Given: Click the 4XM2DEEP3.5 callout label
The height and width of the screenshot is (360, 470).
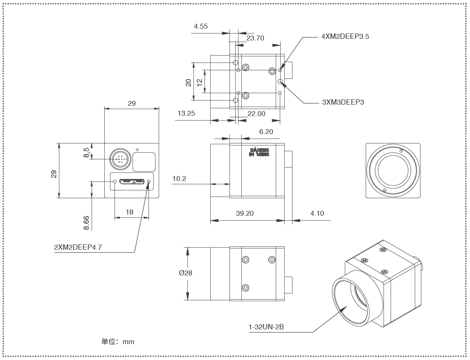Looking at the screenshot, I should pyautogui.click(x=345, y=36).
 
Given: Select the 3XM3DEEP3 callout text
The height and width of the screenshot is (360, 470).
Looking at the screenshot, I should pyautogui.click(x=343, y=102).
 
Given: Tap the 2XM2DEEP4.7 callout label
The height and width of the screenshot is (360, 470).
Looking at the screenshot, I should pyautogui.click(x=77, y=247).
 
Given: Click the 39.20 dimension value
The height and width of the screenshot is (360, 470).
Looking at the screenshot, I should pyautogui.click(x=245, y=213).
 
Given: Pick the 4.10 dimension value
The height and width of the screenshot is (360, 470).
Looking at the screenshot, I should pyautogui.click(x=317, y=213).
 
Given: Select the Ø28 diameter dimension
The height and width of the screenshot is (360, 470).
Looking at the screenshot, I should pyautogui.click(x=185, y=273).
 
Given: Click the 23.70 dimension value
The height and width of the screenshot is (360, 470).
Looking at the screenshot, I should pyautogui.click(x=255, y=38).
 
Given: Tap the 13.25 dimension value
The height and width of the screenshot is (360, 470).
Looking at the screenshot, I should pyautogui.click(x=186, y=114).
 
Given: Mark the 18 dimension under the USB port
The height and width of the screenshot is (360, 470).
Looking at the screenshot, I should pyautogui.click(x=130, y=212).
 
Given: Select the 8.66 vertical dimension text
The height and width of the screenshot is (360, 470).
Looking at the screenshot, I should pyautogui.click(x=86, y=223).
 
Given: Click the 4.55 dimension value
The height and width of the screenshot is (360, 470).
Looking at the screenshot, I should pyautogui.click(x=201, y=26).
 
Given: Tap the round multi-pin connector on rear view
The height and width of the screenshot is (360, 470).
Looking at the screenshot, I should pyautogui.click(x=119, y=159).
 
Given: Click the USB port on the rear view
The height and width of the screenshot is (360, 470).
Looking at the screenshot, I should pyautogui.click(x=132, y=180).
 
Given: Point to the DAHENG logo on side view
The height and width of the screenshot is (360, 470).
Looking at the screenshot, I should pyautogui.click(x=259, y=152).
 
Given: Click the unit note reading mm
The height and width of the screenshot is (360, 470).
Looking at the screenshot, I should pyautogui.click(x=118, y=342).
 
